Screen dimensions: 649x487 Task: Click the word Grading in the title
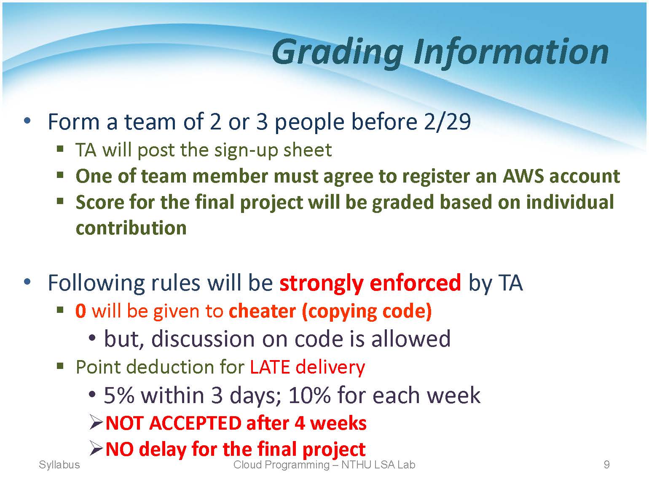(x=338, y=53)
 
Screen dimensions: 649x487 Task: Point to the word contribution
(x=131, y=228)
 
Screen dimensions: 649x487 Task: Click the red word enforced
(x=415, y=283)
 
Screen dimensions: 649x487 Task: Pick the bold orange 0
(x=81, y=311)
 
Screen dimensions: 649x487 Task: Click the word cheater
(x=262, y=311)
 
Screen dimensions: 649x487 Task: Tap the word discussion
(x=203, y=339)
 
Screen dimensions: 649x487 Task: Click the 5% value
(x=119, y=396)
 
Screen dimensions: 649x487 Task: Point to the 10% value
(x=309, y=396)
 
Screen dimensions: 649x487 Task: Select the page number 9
(x=606, y=465)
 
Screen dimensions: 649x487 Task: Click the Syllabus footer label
(x=59, y=465)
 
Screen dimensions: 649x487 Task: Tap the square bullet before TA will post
(x=60, y=148)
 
